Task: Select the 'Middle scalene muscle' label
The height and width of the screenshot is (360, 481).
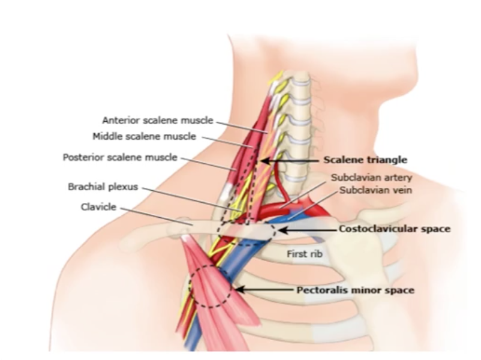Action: click(x=144, y=137)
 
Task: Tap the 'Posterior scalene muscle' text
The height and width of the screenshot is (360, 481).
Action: click(x=120, y=158)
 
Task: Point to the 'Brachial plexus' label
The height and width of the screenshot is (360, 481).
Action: click(x=103, y=187)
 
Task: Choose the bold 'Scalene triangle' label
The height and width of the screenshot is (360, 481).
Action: click(x=365, y=160)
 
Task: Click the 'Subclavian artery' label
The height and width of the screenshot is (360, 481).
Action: click(x=372, y=178)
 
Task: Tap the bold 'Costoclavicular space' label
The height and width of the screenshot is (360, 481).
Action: click(x=394, y=229)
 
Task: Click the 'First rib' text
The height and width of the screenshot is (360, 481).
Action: click(x=305, y=254)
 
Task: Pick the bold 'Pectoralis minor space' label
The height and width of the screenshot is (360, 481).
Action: click(x=355, y=290)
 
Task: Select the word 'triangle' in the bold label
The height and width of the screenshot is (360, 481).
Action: click(x=389, y=160)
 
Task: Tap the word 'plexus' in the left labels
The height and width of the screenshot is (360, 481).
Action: click(x=124, y=187)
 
